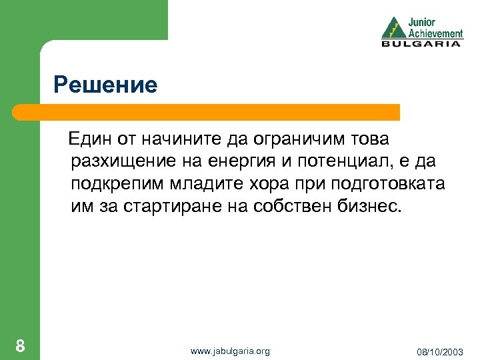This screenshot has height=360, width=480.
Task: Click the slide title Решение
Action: coord(105,85)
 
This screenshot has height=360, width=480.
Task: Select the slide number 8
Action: coord(21,345)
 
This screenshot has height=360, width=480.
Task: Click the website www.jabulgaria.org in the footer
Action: coord(230,351)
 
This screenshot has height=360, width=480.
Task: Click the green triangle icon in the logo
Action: coord(393,28)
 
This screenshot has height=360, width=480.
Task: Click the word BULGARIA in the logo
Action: coord(421,44)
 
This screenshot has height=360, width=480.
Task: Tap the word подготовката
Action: coord(387,184)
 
